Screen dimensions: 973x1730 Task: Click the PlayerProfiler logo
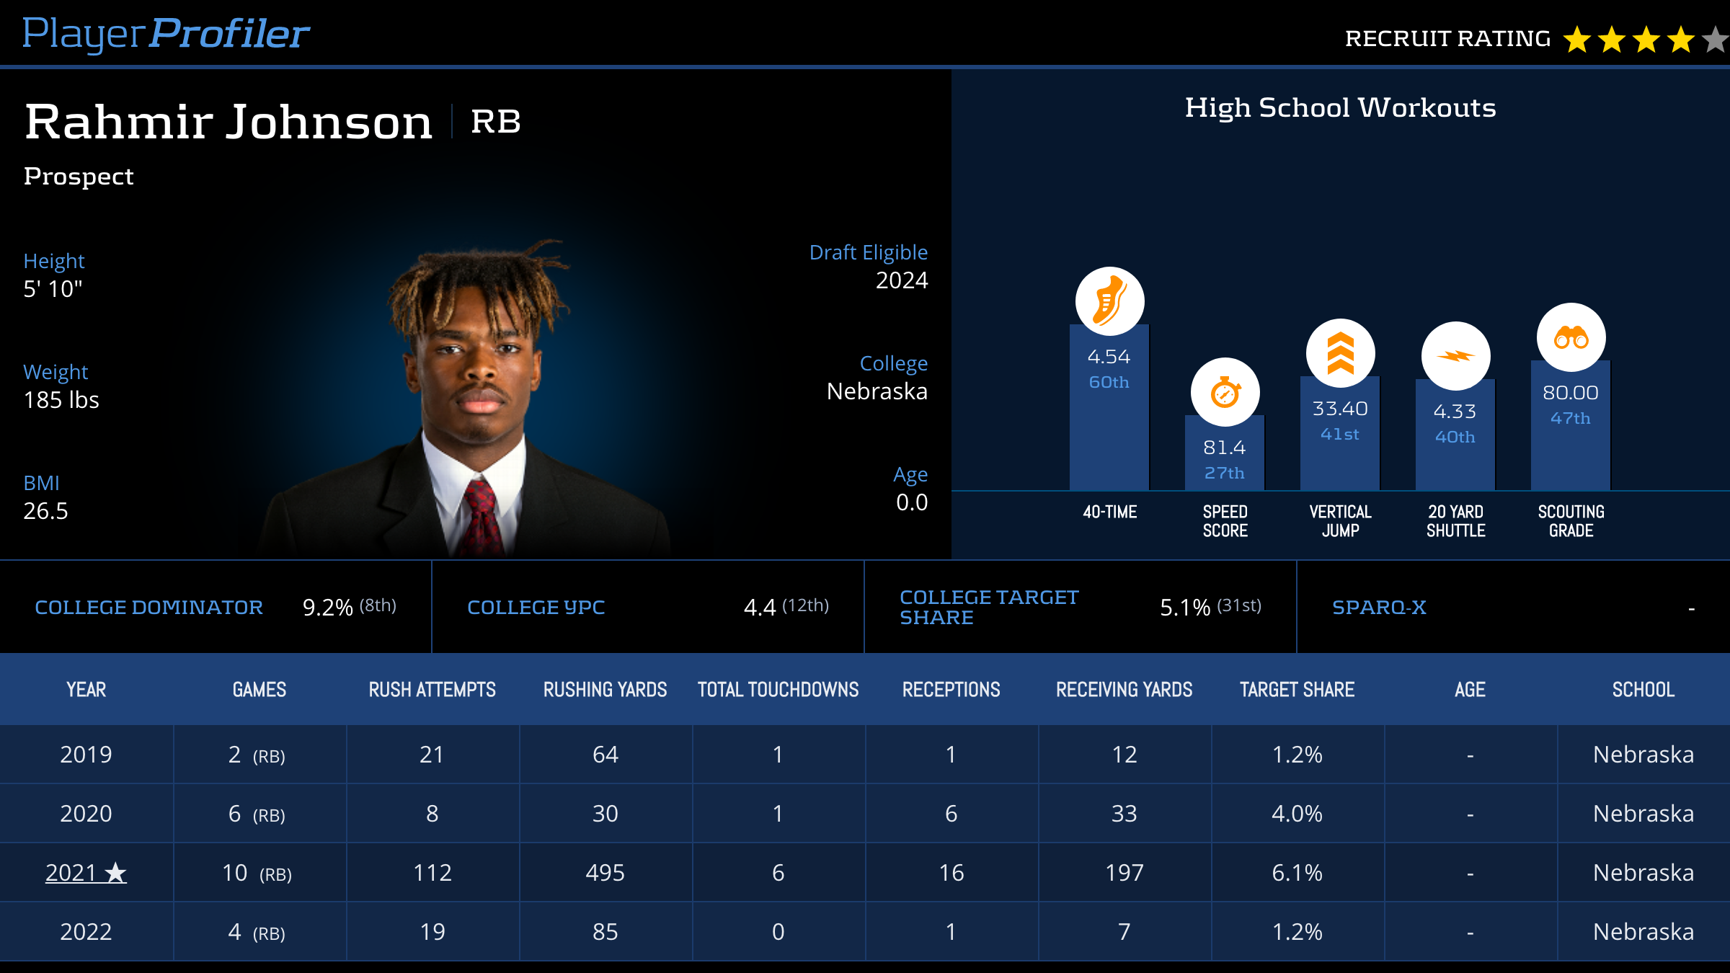tap(166, 34)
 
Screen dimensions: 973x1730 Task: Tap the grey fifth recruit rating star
tap(1716, 40)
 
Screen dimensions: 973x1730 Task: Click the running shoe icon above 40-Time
tap(1109, 301)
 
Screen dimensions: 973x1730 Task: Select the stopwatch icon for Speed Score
tap(1225, 393)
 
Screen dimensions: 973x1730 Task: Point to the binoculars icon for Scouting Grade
tap(1571, 337)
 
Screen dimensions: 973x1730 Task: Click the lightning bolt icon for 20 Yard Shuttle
tap(1455, 356)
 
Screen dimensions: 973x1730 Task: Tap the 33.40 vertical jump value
tap(1340, 409)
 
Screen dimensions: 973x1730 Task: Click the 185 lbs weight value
tap(61, 400)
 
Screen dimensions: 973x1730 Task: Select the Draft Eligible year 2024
tap(901, 280)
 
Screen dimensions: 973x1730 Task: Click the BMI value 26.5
tap(45, 511)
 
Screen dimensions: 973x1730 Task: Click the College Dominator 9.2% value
tap(328, 608)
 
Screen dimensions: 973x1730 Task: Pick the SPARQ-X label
tap(1379, 608)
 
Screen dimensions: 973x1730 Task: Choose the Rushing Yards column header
tap(605, 690)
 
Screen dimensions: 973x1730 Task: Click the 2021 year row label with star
tap(86, 873)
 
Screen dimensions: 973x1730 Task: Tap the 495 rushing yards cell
tap(605, 873)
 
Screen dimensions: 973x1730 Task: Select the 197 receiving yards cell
tap(1124, 873)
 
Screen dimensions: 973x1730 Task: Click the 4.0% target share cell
tap(1297, 814)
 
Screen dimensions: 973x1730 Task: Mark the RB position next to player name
tap(496, 121)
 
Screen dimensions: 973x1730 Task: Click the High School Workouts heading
tap(1340, 108)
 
